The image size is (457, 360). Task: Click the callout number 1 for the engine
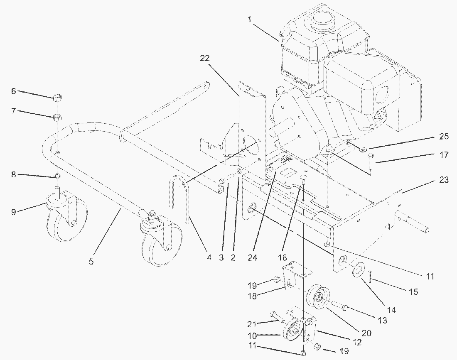point(250,20)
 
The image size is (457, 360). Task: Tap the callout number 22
point(204,58)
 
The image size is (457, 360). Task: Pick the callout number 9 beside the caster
point(14,212)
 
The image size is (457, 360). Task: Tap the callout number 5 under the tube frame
point(91,261)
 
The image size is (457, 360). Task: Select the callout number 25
point(444,136)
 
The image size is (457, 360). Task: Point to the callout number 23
point(444,180)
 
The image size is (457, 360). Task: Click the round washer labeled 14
point(357,270)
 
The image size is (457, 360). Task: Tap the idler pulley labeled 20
point(319,298)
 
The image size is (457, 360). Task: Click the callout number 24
point(253,257)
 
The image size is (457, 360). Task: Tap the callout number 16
point(283,257)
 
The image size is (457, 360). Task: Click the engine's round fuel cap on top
point(322,21)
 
